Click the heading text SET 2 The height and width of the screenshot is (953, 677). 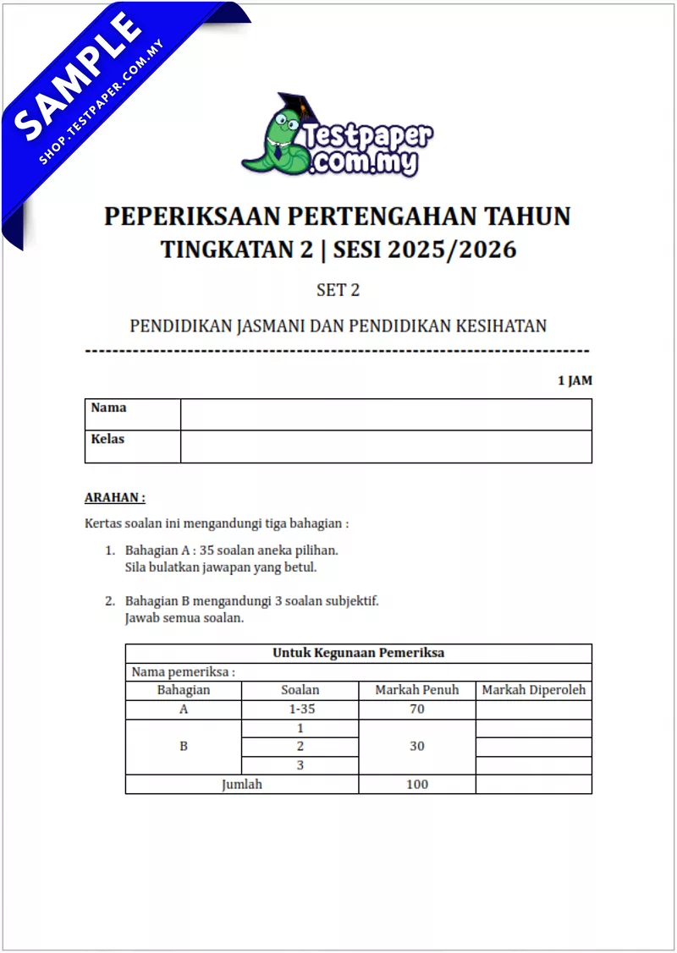tap(338, 290)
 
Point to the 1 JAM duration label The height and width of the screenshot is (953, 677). tap(575, 381)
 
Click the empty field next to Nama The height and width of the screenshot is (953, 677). tap(386, 414)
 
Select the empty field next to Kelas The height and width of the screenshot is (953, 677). tap(386, 446)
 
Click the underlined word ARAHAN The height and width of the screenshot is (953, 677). tap(115, 498)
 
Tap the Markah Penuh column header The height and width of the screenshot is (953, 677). tap(416, 690)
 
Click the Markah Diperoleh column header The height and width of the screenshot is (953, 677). tap(533, 690)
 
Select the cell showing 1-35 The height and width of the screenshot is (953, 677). tap(300, 709)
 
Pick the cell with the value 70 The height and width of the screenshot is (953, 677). tap(416, 709)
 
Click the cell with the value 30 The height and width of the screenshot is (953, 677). tap(416, 747)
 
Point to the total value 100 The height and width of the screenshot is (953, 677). tap(416, 784)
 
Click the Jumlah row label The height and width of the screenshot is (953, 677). tap(242, 784)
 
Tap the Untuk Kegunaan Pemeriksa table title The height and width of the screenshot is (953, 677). tap(358, 653)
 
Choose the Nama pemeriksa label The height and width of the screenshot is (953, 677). tap(183, 671)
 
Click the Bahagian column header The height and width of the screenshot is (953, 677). tap(184, 690)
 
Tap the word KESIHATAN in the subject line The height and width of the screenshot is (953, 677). tap(502, 326)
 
